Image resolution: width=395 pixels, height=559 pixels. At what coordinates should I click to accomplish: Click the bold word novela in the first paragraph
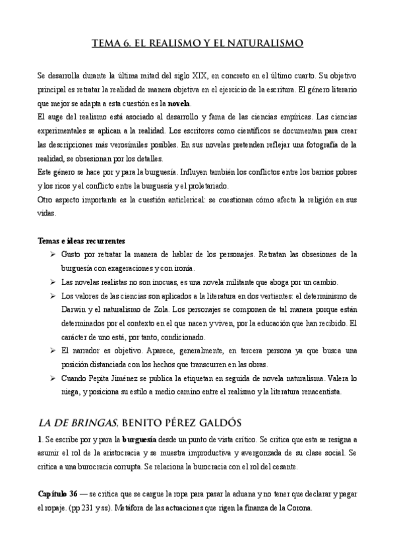pos(178,104)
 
